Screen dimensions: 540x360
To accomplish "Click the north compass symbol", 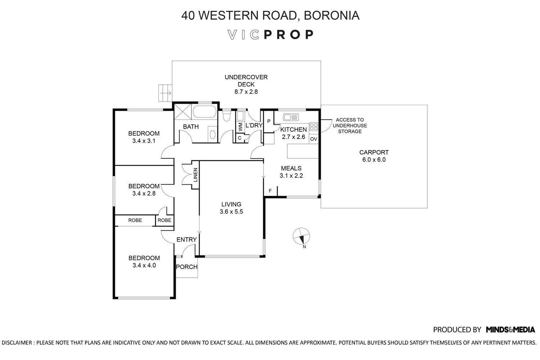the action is (x=301, y=236).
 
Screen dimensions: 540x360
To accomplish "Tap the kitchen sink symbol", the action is (x=291, y=117).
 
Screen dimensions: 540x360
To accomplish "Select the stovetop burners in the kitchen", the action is (x=314, y=127).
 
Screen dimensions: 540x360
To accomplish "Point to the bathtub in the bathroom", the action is (x=205, y=112).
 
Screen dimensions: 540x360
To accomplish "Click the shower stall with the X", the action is (x=183, y=112).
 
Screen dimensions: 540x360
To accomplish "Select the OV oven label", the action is (x=314, y=139).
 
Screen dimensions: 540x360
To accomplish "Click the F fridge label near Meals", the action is (x=270, y=191).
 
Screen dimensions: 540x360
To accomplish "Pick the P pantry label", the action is (x=269, y=121).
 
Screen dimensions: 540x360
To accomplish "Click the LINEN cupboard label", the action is (x=195, y=175).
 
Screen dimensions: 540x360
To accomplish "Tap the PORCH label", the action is (x=186, y=267).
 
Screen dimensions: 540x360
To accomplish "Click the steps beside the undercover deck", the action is (x=165, y=93).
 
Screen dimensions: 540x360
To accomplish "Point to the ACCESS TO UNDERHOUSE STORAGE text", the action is (x=350, y=126).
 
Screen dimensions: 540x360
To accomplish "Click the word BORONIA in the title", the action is (x=332, y=15).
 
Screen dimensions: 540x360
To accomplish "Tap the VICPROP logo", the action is (x=270, y=35).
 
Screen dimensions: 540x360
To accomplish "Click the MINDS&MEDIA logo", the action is (x=510, y=330).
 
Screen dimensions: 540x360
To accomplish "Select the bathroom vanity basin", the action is (x=212, y=134).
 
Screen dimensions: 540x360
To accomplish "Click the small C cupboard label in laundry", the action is (x=240, y=138).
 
